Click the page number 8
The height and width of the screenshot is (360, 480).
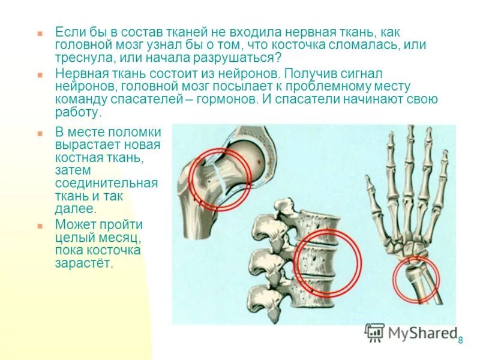tap(460, 341)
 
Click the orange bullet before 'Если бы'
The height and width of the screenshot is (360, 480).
tap(39, 32)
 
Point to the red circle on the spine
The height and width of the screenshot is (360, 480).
tap(329, 262)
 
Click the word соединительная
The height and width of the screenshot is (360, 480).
tap(107, 183)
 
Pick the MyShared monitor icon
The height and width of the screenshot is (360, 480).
tap(375, 332)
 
